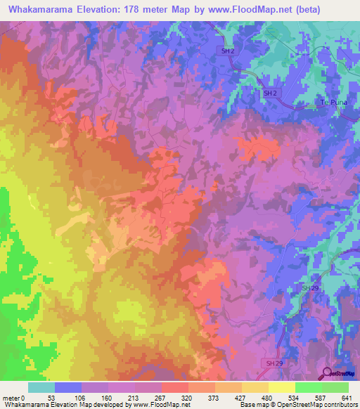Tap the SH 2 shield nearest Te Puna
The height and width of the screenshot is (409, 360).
(271, 93)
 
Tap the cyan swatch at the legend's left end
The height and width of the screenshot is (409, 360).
(41, 387)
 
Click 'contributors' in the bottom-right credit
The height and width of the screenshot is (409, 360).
(340, 404)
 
